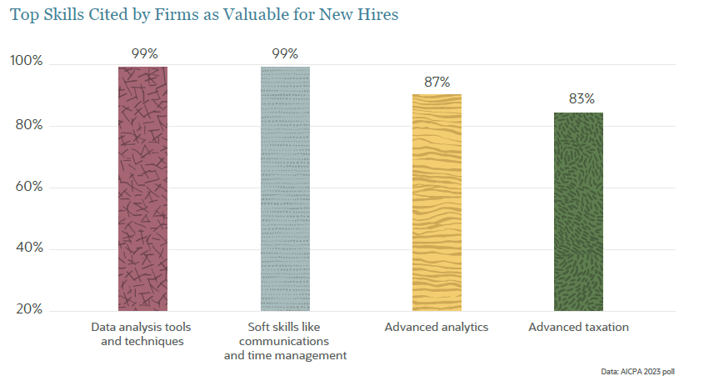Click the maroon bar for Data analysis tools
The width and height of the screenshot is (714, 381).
point(143,188)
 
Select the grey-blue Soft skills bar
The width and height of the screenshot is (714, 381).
point(285,188)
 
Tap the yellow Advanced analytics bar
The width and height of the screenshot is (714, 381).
point(437,203)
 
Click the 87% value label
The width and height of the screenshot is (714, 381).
point(437,82)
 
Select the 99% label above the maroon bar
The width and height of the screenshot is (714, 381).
point(143,53)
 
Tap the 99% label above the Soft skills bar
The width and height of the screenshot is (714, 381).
point(285,53)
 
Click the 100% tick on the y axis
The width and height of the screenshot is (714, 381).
point(26,62)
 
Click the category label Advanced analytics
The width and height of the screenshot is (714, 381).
point(437,328)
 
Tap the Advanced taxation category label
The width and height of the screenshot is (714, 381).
point(578,328)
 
